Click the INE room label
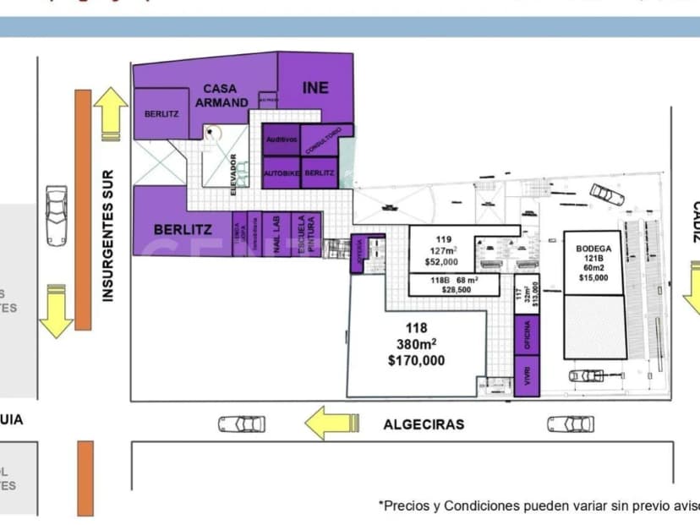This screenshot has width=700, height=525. pyautogui.click(x=314, y=88)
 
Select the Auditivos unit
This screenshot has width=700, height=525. pyautogui.click(x=282, y=139)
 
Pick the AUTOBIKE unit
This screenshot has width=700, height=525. pyautogui.click(x=281, y=172)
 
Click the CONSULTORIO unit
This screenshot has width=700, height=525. pyautogui.click(x=321, y=139)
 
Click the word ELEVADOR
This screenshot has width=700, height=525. pyautogui.click(x=234, y=174)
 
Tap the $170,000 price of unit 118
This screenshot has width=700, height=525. pyautogui.click(x=416, y=360)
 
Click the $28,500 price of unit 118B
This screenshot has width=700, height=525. pyautogui.click(x=457, y=290)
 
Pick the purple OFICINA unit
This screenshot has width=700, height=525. pyautogui.click(x=527, y=335)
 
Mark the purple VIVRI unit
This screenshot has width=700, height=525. pyautogui.click(x=527, y=377)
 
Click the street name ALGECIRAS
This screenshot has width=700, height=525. pyautogui.click(x=424, y=424)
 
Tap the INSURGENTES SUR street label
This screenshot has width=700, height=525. pyautogui.click(x=108, y=236)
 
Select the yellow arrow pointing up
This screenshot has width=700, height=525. pyautogui.click(x=110, y=112)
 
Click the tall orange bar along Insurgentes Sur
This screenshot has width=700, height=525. pyautogui.click(x=83, y=209)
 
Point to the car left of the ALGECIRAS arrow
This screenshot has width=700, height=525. pyautogui.click(x=242, y=424)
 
